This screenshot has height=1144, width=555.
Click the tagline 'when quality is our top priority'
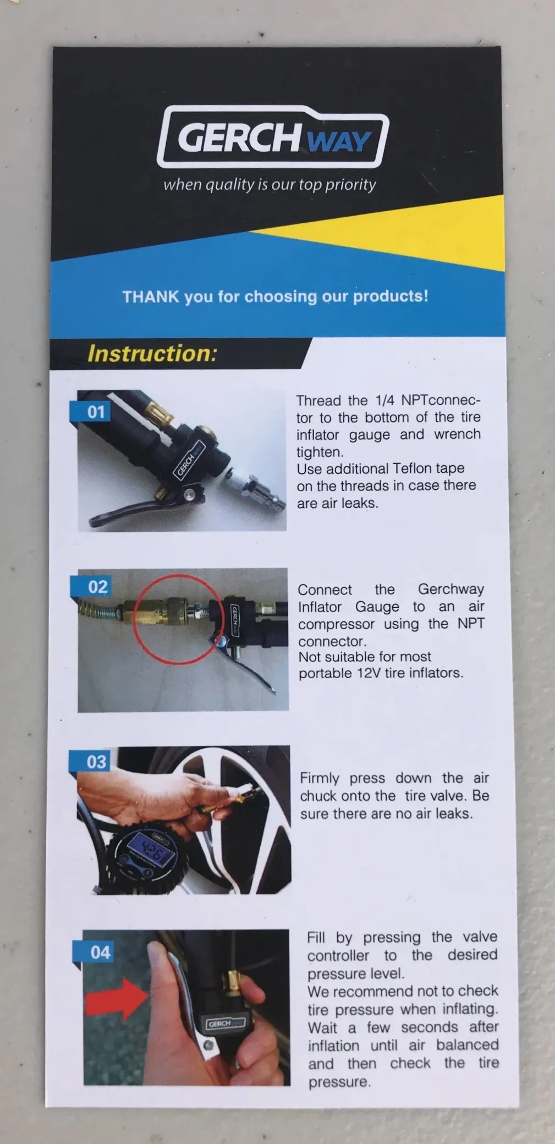click(270, 185)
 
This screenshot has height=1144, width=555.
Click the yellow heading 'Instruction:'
click(152, 353)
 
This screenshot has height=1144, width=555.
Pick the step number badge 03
click(94, 762)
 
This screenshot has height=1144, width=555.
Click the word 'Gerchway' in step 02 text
click(451, 589)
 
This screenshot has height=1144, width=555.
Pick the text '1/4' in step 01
click(385, 400)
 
